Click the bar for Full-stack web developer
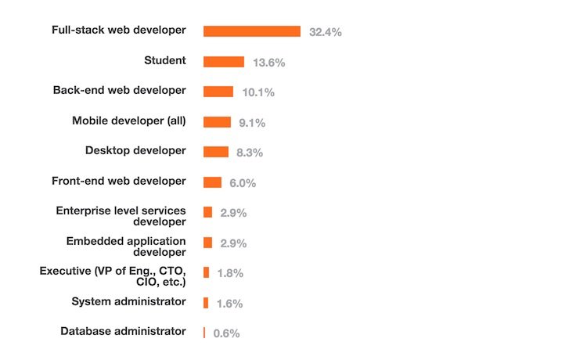(x=252, y=31)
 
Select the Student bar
(x=224, y=62)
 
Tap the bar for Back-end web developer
(x=218, y=92)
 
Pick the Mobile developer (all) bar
(x=217, y=122)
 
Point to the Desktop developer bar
(x=216, y=152)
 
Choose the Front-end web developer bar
(x=212, y=182)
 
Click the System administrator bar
(x=206, y=303)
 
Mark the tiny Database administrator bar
(x=204, y=333)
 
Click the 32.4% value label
(x=325, y=32)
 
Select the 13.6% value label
(x=268, y=63)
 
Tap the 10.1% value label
(x=257, y=92)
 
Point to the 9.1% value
(x=252, y=123)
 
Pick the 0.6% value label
(x=226, y=333)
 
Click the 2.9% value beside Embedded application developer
(x=233, y=243)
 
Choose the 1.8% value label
(x=230, y=273)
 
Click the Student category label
(x=165, y=60)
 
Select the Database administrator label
(x=123, y=331)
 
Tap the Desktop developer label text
(x=135, y=150)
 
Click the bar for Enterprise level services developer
(x=207, y=212)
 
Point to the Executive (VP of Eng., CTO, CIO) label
(x=113, y=276)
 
